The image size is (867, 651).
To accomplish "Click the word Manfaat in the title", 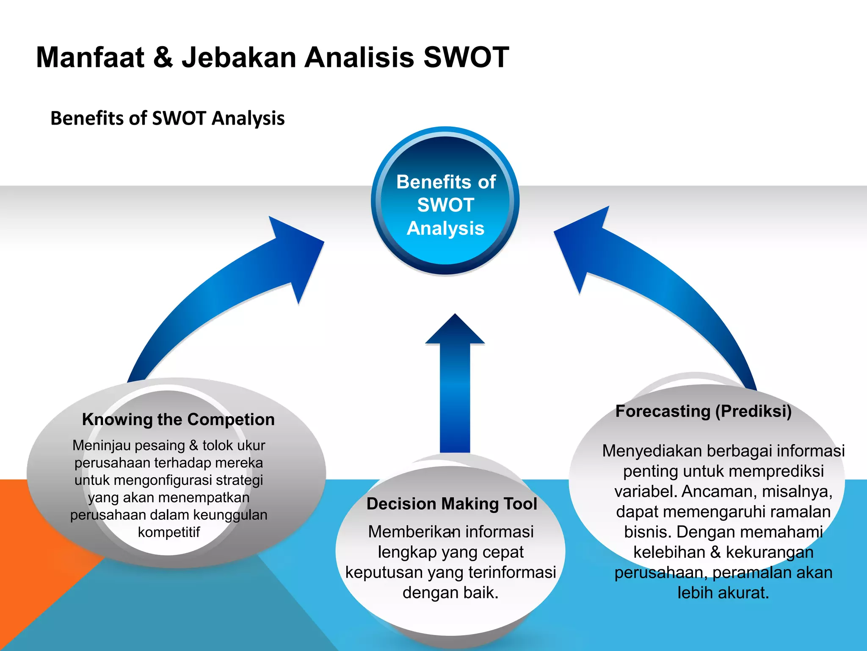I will click(90, 57).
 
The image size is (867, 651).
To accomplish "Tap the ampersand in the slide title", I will click(163, 57).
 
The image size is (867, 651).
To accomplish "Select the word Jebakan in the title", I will click(239, 57).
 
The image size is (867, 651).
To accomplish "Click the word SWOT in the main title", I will click(466, 57).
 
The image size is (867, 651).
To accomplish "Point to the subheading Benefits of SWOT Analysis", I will click(167, 118).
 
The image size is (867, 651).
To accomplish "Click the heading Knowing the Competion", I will click(178, 420).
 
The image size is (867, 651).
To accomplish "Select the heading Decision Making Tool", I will click(451, 504).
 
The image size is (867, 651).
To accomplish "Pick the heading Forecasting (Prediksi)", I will click(703, 412).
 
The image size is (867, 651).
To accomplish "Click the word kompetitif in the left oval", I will click(168, 532).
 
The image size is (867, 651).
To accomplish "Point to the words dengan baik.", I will click(450, 593).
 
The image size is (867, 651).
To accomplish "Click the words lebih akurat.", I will click(723, 593).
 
